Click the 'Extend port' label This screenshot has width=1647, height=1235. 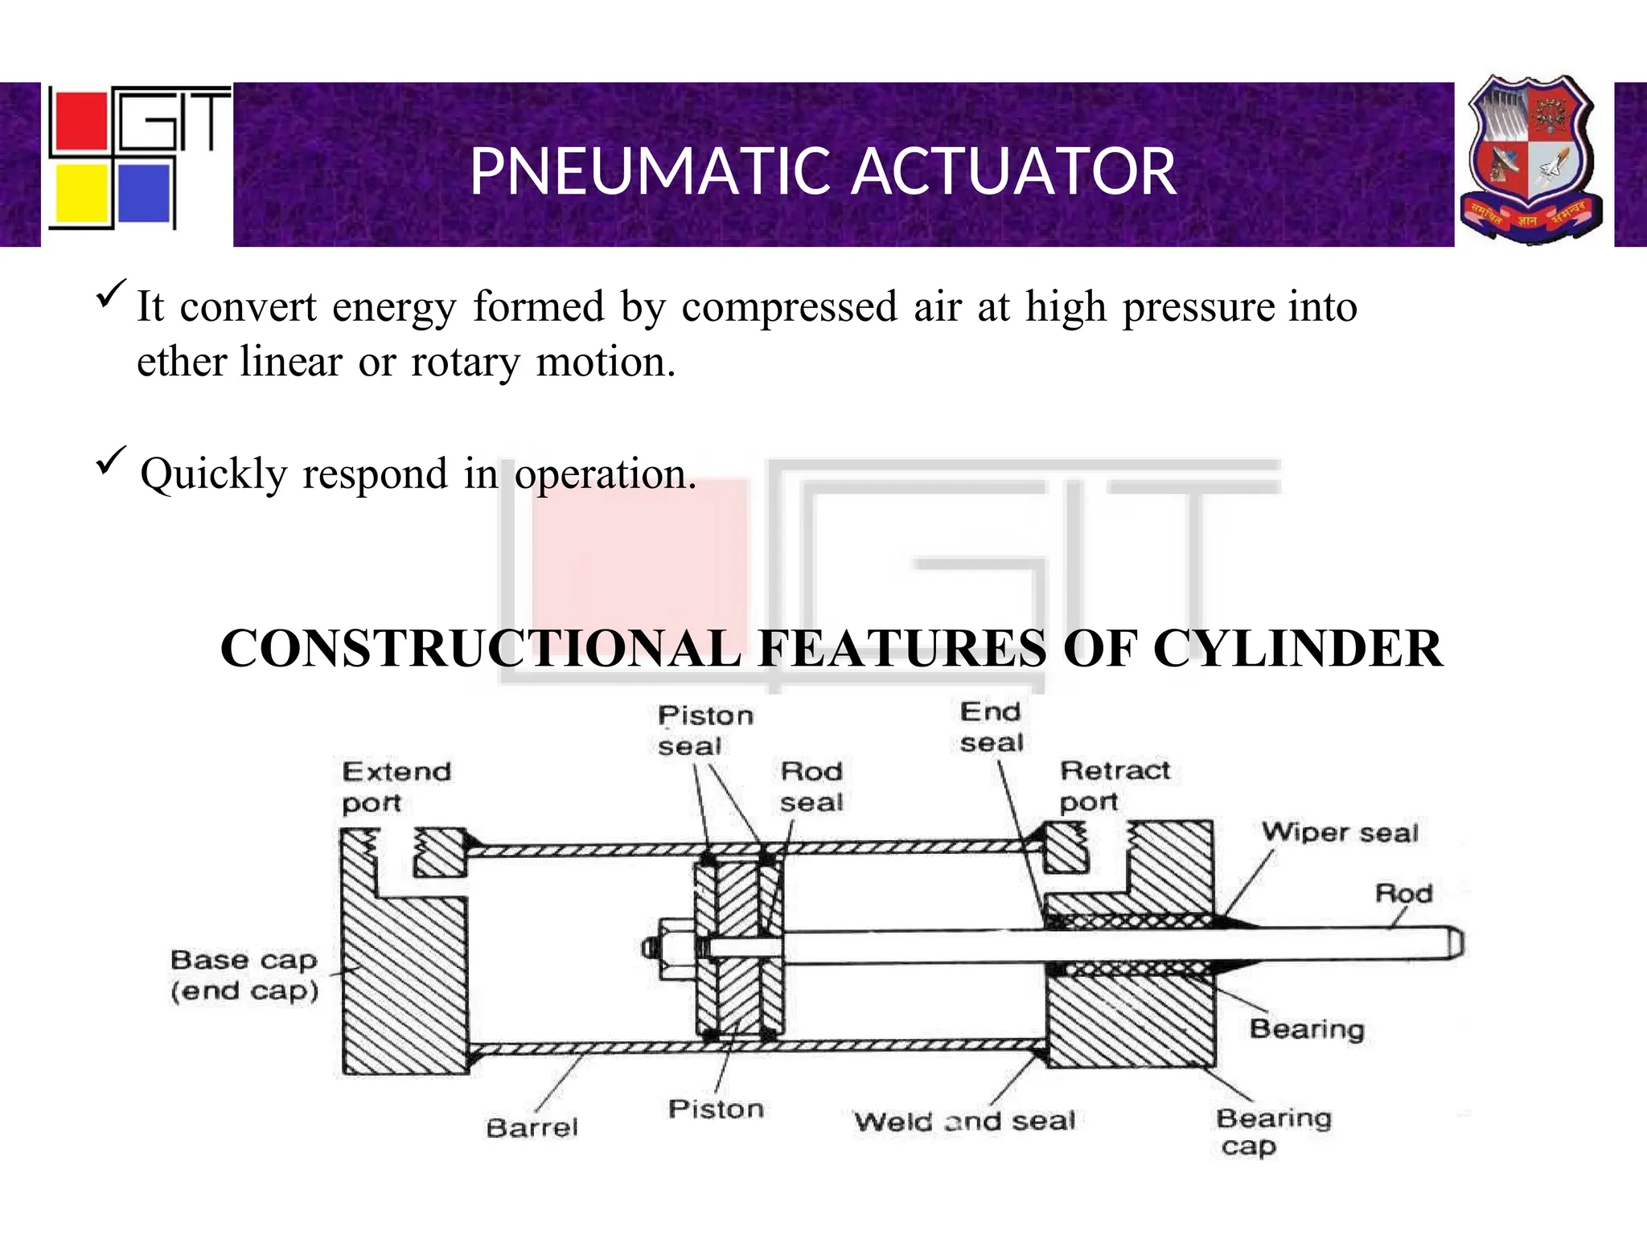pos(396,786)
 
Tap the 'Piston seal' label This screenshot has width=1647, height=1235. pos(705,730)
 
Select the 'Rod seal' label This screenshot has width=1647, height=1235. pos(811,786)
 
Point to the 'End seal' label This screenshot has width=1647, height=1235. pos(991,727)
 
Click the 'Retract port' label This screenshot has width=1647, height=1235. pos(1115,786)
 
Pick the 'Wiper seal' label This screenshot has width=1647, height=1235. pos(1340,832)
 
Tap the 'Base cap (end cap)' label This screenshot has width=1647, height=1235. pos(244,974)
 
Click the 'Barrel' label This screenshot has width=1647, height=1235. pos(532,1127)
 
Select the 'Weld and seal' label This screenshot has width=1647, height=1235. pos(964,1121)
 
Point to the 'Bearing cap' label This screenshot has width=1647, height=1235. pos(1273,1130)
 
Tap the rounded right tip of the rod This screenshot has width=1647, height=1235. pos(1456,942)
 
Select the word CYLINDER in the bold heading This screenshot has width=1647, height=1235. pos(1298,648)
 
